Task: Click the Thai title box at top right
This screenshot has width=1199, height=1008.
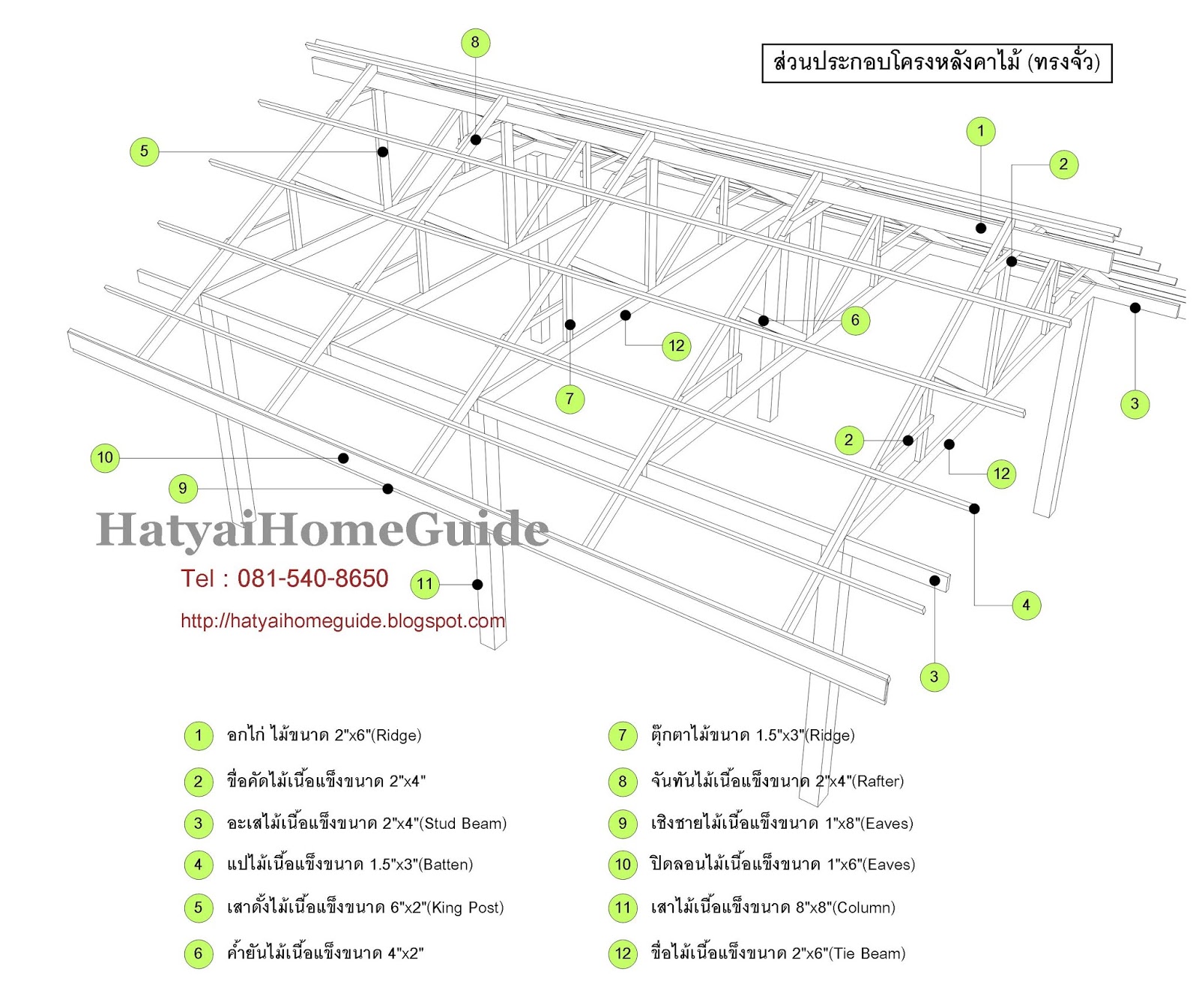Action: click(x=936, y=62)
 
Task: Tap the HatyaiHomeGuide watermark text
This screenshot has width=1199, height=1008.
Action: click(x=322, y=529)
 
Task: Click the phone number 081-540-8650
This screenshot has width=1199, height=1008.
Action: click(x=312, y=579)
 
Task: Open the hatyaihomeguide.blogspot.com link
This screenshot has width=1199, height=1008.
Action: click(x=342, y=621)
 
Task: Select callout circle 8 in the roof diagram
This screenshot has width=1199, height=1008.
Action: click(x=475, y=43)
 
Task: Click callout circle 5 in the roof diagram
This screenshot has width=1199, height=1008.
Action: click(x=145, y=151)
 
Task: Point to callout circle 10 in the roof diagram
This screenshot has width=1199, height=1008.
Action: click(x=105, y=458)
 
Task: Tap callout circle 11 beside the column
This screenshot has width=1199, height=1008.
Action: click(x=425, y=584)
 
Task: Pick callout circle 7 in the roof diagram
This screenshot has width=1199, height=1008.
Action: click(x=570, y=399)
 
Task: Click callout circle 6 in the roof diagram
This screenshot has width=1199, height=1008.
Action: click(x=855, y=321)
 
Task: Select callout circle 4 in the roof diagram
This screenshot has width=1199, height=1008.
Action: click(x=1026, y=605)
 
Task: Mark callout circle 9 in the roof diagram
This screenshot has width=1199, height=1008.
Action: click(x=183, y=489)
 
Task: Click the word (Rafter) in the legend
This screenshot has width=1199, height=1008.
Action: click(x=878, y=782)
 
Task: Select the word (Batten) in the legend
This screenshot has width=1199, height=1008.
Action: click(x=447, y=865)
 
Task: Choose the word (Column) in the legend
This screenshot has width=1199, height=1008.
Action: click(x=866, y=908)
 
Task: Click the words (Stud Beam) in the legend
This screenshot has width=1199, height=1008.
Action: click(x=465, y=824)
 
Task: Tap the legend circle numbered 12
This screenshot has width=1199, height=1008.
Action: click(x=623, y=954)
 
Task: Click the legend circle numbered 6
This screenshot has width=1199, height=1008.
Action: click(x=199, y=954)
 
